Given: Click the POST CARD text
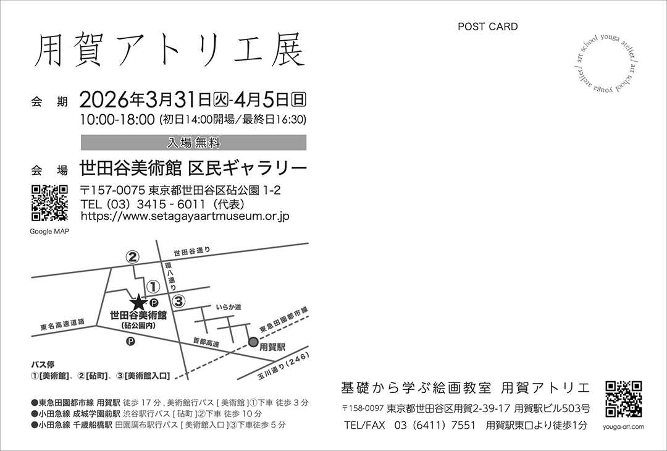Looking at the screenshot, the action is pos(487,27).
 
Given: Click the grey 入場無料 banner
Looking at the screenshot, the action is pos(193,143).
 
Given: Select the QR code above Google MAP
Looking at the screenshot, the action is pos(50,203).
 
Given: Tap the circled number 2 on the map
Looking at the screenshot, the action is pos(132,257).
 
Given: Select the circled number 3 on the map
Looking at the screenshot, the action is pos(178,301).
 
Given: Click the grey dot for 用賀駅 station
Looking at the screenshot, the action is pos(253,342).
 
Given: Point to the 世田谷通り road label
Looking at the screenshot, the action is pos(191,252).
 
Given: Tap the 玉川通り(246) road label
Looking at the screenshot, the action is pos(283,366).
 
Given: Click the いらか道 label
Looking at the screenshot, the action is pos(229,307).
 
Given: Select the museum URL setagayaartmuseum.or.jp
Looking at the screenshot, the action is pos(185,216).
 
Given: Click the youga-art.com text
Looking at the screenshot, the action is pos(624,427).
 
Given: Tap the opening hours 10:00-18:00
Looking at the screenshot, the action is pos(117,120).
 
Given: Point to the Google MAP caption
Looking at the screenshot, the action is pos(49,232).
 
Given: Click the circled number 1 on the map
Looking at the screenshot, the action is pos(153,286).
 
